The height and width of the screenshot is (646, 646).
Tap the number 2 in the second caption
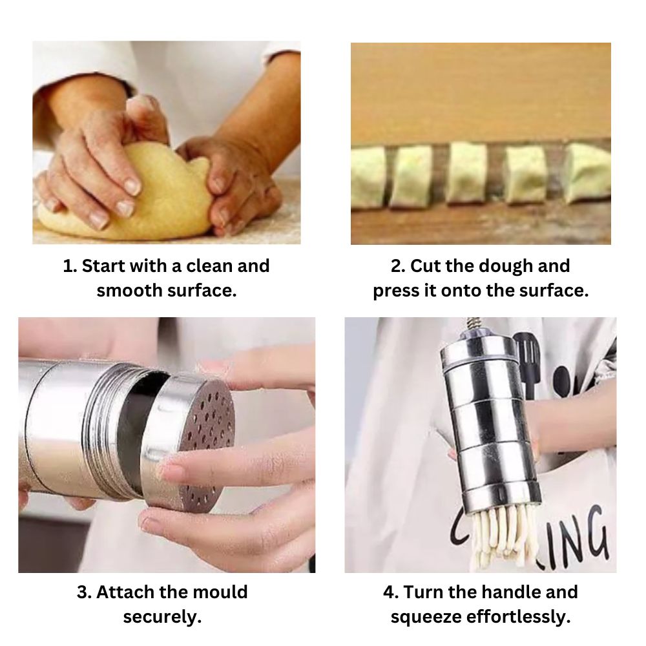(397, 266)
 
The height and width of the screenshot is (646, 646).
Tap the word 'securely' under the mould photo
(162, 618)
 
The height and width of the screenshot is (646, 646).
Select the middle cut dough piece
(468, 173)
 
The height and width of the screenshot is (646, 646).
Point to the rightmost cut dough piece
(587, 173)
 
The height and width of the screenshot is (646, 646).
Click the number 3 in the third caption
(83, 592)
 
